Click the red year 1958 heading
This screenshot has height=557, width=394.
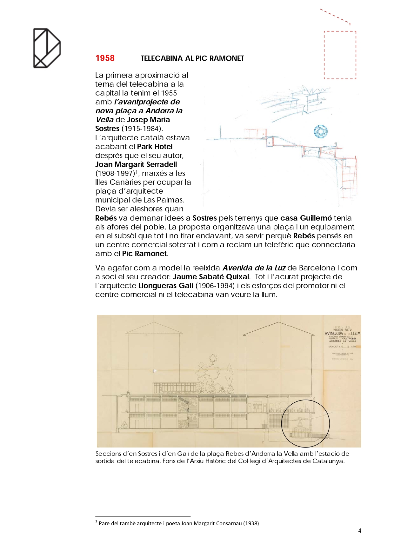click(x=105, y=58)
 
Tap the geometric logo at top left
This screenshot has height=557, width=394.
click(x=47, y=48)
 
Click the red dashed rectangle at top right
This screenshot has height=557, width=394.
click(x=340, y=55)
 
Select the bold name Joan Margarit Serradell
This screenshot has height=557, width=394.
click(x=136, y=164)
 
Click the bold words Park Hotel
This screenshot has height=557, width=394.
click(x=155, y=147)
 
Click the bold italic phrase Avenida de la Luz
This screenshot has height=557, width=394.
click(x=254, y=268)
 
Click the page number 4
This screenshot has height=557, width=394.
click(x=359, y=531)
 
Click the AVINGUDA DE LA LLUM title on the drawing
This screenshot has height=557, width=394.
click(x=342, y=333)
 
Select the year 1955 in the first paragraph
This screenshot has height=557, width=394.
click(x=169, y=93)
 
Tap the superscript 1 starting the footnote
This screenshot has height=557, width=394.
click(x=96, y=521)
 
